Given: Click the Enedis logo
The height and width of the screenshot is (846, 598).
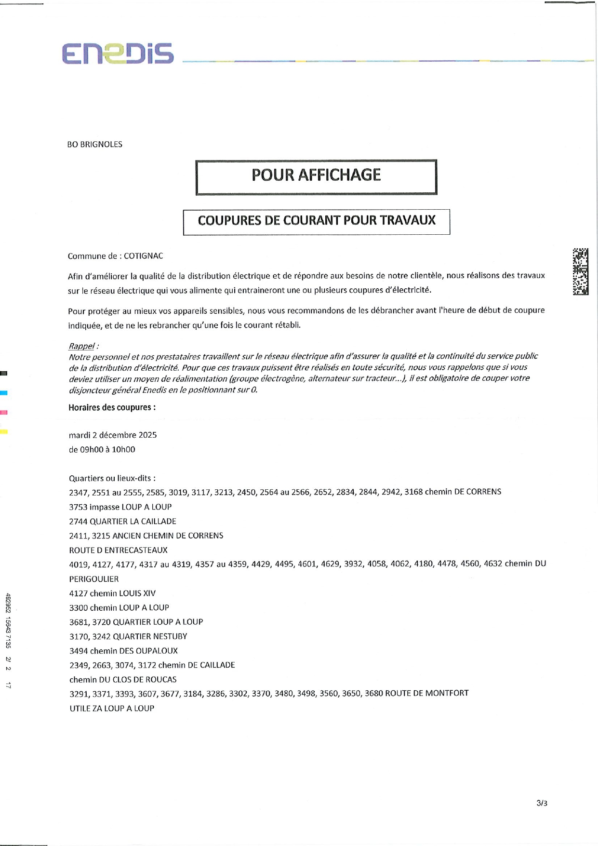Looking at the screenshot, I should (x=118, y=54).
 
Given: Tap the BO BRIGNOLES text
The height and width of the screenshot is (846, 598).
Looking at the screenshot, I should (x=94, y=144).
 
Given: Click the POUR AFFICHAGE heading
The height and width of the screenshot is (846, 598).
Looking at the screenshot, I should (x=316, y=175).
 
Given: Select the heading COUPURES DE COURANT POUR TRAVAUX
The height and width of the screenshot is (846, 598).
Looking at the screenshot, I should (x=317, y=221).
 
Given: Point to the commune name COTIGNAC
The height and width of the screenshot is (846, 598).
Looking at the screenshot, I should (x=143, y=256).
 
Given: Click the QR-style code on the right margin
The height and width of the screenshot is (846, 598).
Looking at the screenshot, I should (x=580, y=271).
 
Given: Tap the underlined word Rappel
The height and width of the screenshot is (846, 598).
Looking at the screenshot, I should (x=81, y=346).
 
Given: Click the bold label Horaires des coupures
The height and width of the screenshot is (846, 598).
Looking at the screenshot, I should (x=112, y=407).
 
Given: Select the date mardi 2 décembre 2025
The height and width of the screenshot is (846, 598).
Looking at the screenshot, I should (x=113, y=435).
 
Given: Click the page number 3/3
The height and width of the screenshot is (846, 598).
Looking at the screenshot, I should (x=542, y=803).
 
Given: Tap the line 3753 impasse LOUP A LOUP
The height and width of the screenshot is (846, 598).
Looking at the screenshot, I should (x=120, y=507).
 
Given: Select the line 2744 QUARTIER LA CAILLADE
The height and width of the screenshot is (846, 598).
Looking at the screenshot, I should (x=122, y=521).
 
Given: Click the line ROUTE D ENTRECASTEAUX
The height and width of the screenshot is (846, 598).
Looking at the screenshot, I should (x=119, y=550).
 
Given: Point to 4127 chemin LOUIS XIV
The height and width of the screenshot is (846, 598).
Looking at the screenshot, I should (x=112, y=593).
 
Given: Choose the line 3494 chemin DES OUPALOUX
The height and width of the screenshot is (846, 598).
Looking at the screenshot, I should (x=123, y=650).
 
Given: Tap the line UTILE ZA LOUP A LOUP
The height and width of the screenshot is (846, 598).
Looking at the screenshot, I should (x=112, y=708).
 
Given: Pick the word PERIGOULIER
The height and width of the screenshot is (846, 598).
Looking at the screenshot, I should (x=94, y=578).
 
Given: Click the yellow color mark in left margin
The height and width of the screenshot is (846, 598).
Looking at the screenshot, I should (x=4, y=431).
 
